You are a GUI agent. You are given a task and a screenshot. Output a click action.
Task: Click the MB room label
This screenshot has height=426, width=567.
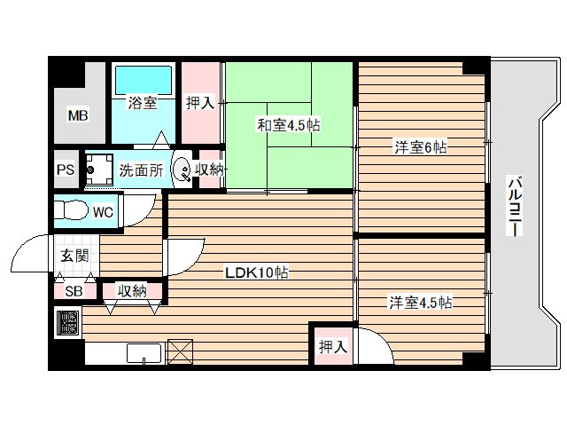click(79, 115)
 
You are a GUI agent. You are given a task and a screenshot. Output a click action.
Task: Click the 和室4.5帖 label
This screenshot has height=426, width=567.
click(289, 126)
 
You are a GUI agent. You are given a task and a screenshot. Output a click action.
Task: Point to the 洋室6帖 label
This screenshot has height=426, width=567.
click(420, 147)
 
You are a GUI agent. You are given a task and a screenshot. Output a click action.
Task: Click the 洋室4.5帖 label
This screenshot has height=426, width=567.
click(421, 303)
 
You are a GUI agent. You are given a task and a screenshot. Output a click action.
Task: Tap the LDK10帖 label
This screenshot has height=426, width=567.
click(256, 272)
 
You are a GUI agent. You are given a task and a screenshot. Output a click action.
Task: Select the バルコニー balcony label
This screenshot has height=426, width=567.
click(513, 205)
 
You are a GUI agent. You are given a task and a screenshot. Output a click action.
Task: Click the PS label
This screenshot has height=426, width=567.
click(65, 170)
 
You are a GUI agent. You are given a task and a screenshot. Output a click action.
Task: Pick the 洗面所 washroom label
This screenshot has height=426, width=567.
click(141, 170)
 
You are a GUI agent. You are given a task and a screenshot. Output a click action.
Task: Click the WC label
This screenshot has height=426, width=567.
click(102, 213)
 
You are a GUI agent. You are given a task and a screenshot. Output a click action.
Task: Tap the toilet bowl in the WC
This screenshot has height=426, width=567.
click(69, 212)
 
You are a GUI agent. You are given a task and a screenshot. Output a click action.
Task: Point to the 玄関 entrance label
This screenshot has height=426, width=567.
click(74, 257)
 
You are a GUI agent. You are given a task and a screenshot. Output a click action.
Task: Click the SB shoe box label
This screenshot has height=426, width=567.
click(74, 290)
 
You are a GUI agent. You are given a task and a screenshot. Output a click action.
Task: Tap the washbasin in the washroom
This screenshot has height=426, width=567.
click(181, 169)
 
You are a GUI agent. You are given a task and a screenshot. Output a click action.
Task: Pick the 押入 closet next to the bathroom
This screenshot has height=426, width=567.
click(199, 103)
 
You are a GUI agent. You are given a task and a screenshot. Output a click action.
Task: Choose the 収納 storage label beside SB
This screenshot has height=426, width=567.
click(132, 290)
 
